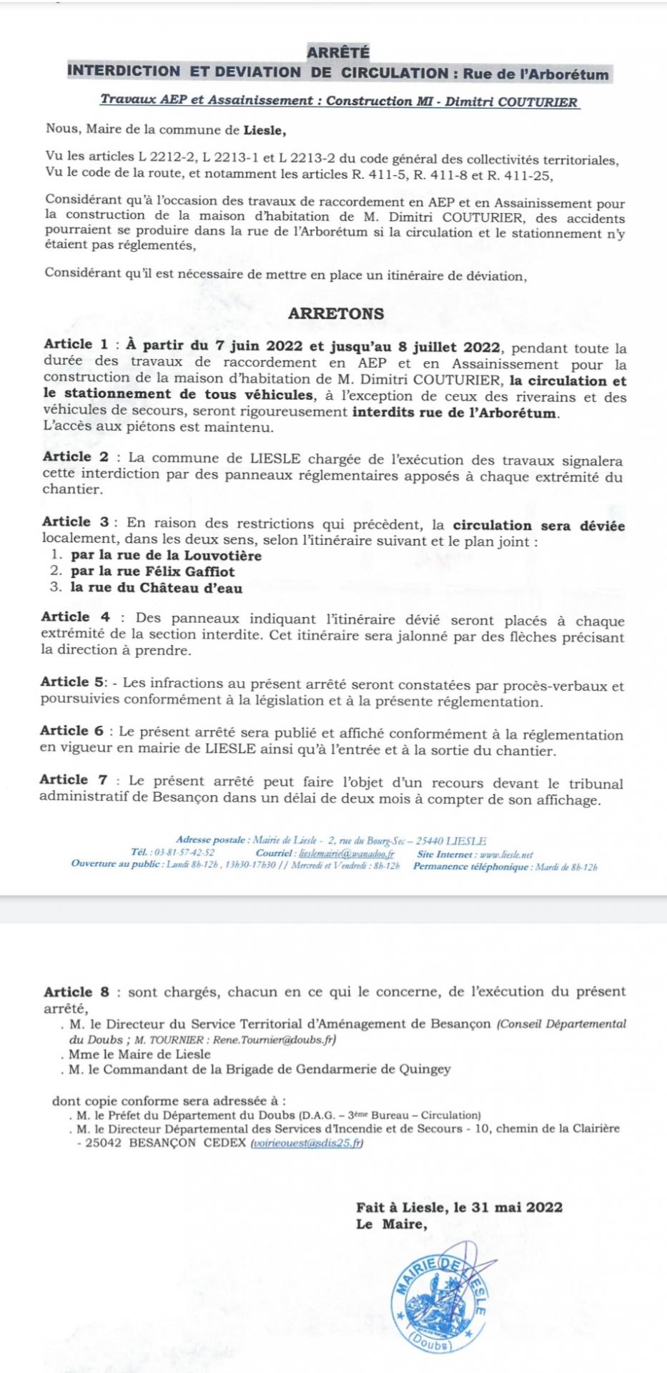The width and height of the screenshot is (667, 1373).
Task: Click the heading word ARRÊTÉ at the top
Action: point(338,52)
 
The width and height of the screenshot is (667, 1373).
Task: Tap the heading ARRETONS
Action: point(336,313)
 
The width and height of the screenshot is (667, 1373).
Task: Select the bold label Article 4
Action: point(76,616)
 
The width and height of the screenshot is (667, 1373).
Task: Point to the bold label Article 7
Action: point(74,780)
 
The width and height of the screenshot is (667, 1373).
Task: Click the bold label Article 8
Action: point(77,992)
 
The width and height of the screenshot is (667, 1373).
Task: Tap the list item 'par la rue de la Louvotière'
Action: point(166,556)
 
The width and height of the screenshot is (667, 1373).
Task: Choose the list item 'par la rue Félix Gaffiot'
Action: point(152,571)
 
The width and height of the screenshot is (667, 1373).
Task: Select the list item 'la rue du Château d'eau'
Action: point(157,589)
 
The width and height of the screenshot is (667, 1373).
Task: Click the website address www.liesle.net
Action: point(507,854)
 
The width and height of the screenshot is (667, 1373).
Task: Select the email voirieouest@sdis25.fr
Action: point(307,1143)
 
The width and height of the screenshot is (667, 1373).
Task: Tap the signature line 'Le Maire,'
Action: point(392,1224)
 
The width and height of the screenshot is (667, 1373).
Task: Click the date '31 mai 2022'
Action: point(517,1207)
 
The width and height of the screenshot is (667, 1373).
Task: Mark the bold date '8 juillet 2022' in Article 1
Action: point(449,348)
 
